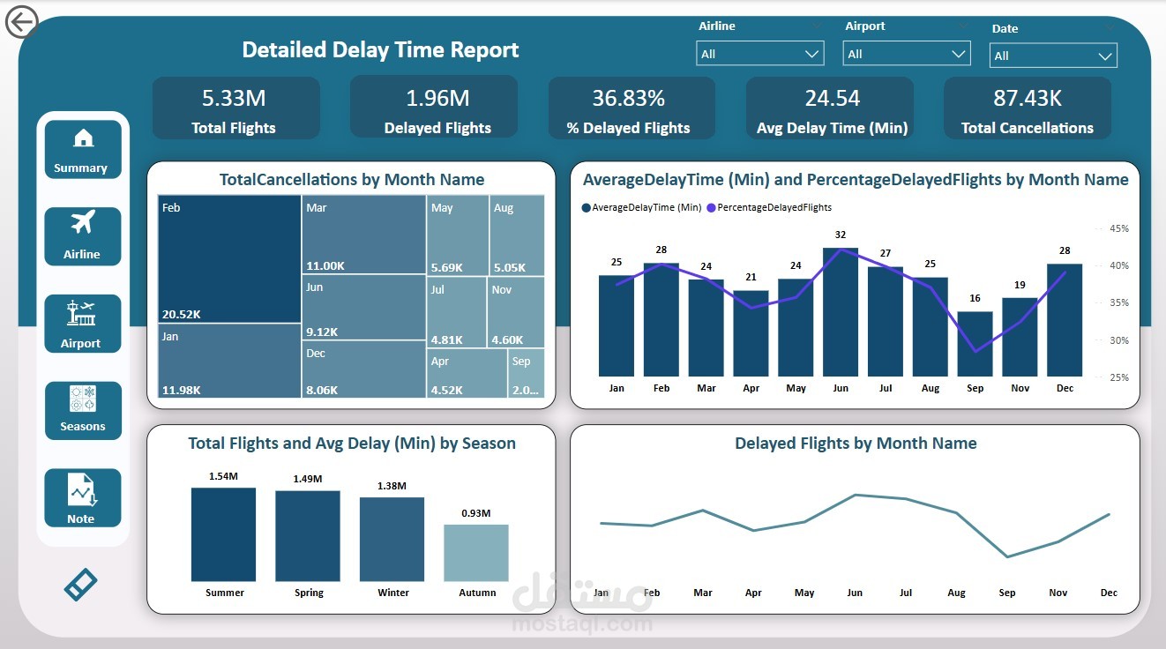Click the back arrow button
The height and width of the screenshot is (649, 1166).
point(21,22)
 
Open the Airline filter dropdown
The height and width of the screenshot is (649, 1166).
point(759,54)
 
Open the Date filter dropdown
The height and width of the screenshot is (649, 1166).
point(1053,56)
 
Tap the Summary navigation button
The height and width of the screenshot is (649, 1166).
point(82,150)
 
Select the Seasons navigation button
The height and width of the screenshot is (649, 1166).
point(82,410)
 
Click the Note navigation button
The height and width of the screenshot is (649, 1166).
point(82,498)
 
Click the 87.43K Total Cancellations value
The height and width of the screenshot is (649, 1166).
point(1027,98)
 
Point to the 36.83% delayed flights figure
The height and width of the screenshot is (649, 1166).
point(628,98)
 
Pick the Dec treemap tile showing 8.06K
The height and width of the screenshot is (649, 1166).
point(363,369)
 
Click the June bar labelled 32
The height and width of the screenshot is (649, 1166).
point(840,312)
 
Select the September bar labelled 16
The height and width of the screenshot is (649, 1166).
point(975,344)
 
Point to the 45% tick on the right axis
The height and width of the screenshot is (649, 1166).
point(1118,228)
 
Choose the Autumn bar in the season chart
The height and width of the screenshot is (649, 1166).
point(476,553)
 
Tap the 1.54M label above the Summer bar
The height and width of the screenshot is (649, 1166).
point(223,476)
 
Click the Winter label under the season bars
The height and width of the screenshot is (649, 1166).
point(393,593)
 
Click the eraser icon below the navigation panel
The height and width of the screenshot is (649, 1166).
point(80,585)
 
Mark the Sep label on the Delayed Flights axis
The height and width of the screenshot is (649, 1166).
point(1006,593)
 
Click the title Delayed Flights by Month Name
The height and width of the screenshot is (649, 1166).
point(855,444)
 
